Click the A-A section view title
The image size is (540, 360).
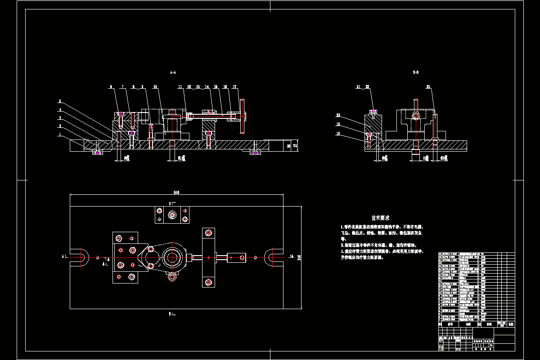coord(173,72)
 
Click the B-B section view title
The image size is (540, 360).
coord(415,72)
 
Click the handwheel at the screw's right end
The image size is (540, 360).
coord(243,116)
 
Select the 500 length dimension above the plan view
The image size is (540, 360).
coord(176,192)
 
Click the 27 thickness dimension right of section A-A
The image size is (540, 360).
coord(295,145)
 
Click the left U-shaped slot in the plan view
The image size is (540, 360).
coord(81,257)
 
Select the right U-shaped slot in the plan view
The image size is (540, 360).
coord(272,257)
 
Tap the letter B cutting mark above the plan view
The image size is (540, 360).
coord(170,203)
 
